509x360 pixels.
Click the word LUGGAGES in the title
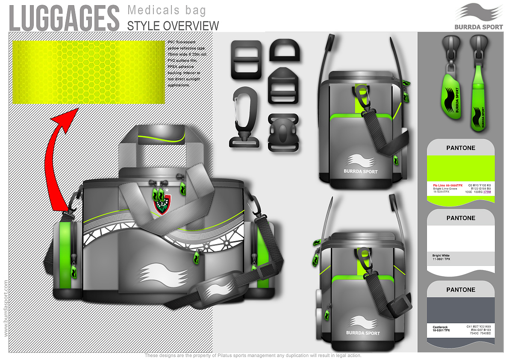[x=64, y=18]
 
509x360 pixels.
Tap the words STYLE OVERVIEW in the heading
[x=173, y=26]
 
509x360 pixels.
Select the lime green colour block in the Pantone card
[x=461, y=168]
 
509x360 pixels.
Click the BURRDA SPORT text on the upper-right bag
[x=361, y=171]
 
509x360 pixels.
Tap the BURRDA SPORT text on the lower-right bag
[x=363, y=333]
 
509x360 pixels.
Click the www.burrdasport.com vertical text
[x=6, y=307]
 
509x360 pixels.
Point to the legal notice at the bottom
[x=253, y=355]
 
